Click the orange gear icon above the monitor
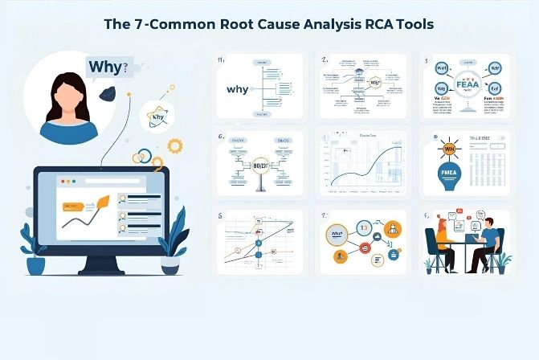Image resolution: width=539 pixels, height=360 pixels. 174,145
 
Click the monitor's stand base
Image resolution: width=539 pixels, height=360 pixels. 104,268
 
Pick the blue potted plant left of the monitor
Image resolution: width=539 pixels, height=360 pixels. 35,250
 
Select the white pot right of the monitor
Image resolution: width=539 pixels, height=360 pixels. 172,266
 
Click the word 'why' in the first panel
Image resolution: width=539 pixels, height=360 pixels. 238,90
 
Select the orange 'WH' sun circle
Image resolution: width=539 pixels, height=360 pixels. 447,149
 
